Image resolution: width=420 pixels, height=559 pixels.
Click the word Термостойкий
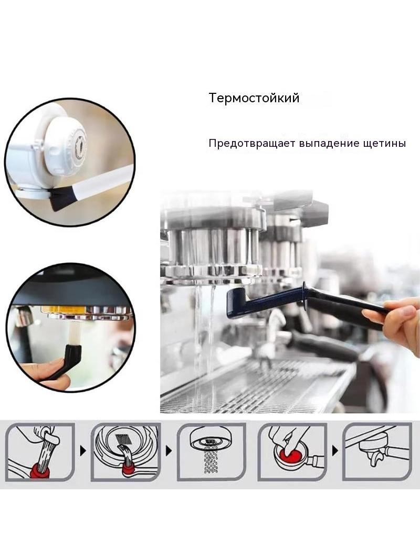pos(254,98)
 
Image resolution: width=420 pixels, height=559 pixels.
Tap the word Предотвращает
pos(252,144)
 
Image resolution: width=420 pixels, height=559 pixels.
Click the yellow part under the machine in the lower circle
pos(63,309)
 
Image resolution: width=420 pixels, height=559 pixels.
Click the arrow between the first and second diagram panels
pos(83,451)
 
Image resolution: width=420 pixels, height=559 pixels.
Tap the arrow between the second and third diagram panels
pos(169,451)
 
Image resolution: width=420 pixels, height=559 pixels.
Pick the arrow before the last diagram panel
pos(335,451)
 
